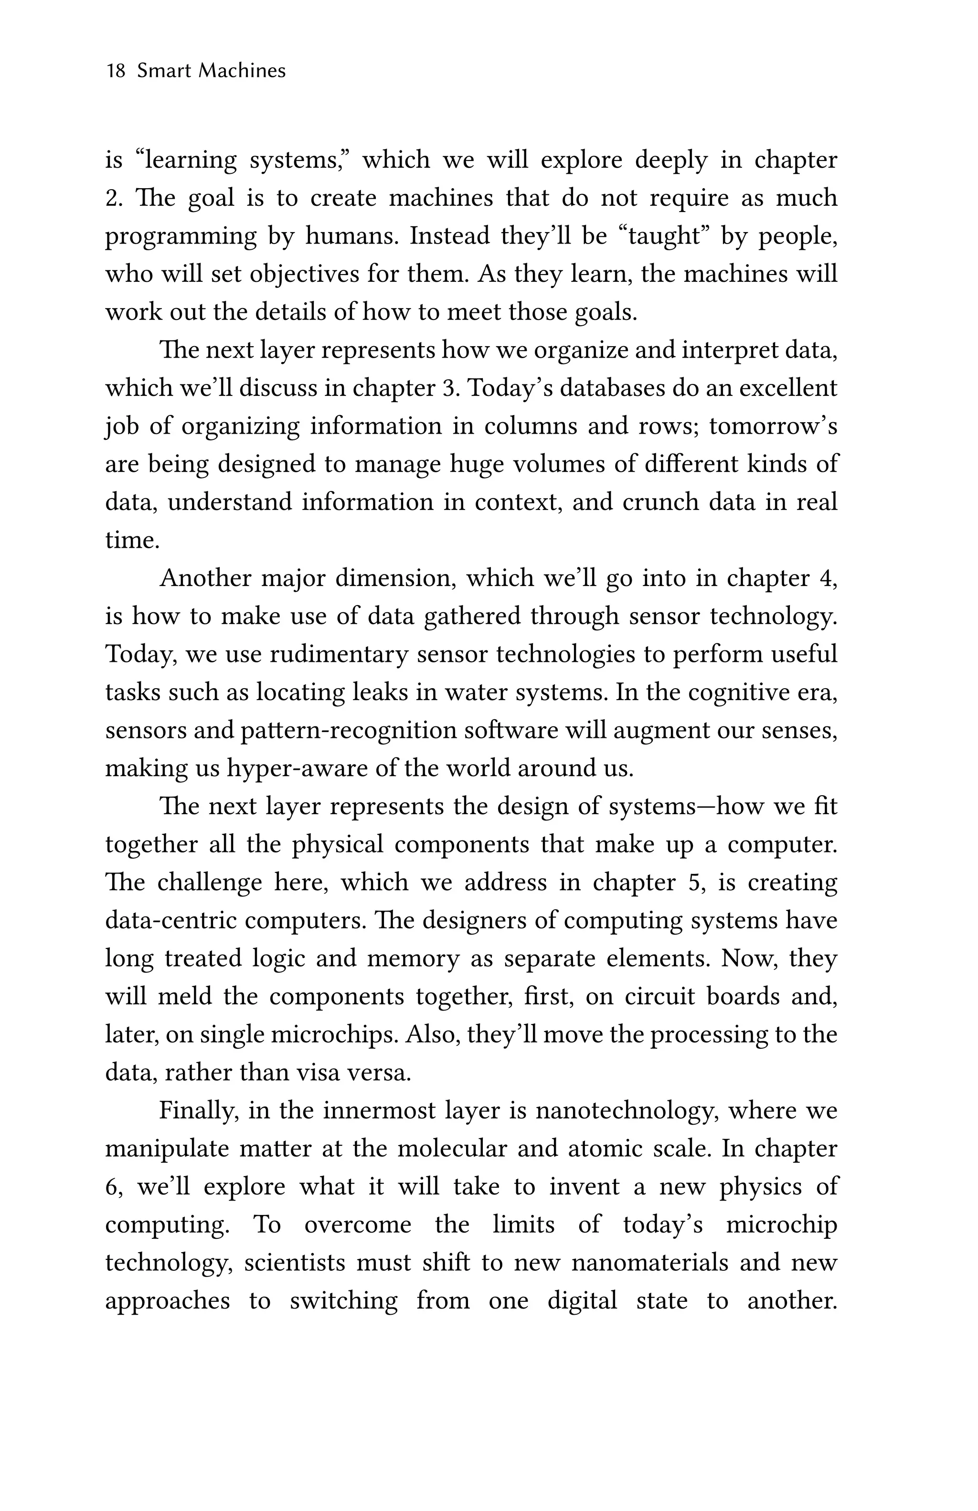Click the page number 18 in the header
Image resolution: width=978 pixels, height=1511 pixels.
point(116,71)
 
